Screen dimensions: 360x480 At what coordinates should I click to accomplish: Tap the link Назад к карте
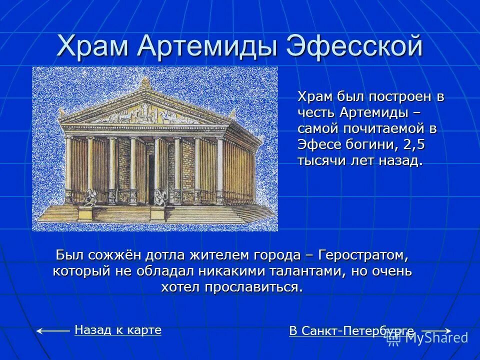tap(118, 329)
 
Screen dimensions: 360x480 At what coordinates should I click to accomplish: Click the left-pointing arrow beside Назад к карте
tap(53, 330)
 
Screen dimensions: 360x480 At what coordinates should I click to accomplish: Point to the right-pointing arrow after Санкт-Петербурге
tap(436, 330)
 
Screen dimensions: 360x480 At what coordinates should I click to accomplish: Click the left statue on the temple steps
tap(89, 197)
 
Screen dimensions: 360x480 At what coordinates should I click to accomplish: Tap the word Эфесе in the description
tap(316, 145)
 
